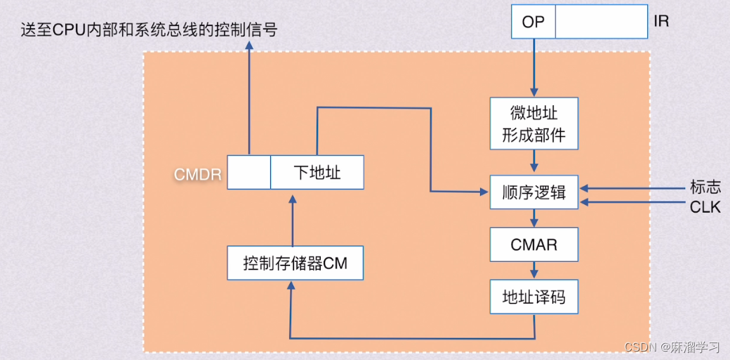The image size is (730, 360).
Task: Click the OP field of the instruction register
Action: click(533, 22)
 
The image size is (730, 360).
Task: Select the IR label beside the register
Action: click(661, 22)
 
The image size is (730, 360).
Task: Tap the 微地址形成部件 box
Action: click(533, 124)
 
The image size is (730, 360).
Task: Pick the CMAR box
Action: click(533, 246)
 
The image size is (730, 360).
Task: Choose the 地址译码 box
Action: click(533, 298)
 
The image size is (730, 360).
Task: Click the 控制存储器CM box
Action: click(295, 264)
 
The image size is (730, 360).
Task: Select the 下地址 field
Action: click(317, 172)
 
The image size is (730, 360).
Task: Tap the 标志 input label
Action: click(704, 187)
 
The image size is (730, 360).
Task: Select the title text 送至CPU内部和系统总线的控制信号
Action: click(149, 29)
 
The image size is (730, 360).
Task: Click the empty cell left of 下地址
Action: click(248, 172)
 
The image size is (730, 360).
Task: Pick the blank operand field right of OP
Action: click(601, 22)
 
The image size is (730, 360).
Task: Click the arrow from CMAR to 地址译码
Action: click(534, 271)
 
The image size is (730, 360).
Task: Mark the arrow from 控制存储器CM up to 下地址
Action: click(293, 218)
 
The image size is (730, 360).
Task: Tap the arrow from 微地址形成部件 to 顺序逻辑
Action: click(534, 163)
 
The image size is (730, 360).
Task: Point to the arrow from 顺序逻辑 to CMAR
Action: click(534, 218)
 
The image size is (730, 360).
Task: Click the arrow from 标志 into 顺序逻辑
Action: click(632, 188)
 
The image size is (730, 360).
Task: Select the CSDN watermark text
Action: click(672, 347)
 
